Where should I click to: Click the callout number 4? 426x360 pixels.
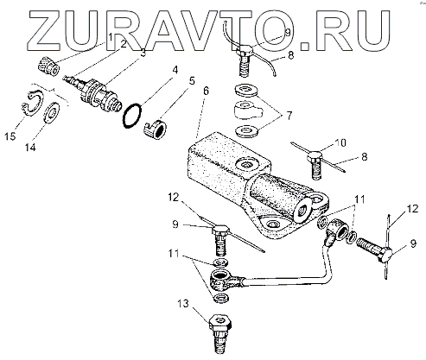[x=175, y=70]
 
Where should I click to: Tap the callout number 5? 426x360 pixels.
[x=192, y=81]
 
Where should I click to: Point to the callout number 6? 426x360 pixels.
[x=206, y=92]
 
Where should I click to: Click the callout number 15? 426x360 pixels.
[x=10, y=136]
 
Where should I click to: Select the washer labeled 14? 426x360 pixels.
[x=51, y=112]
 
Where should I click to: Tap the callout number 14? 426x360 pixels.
[x=30, y=148]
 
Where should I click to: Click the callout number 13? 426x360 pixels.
[x=183, y=303]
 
